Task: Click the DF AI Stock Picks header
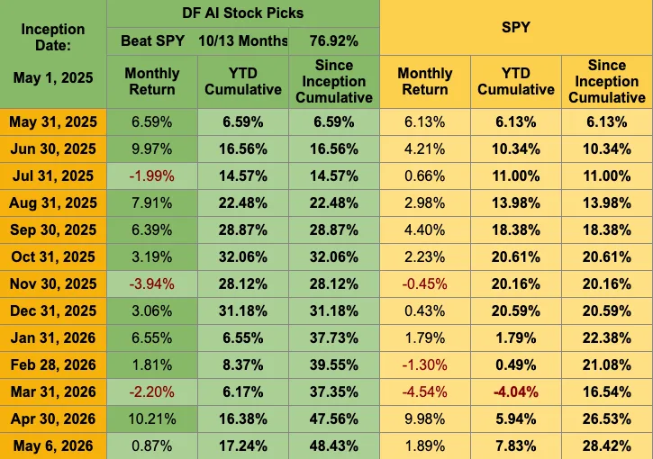(243, 13)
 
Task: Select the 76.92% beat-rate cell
(334, 40)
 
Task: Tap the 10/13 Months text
(243, 40)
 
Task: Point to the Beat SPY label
(152, 40)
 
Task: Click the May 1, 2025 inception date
(53, 77)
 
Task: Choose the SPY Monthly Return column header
(425, 81)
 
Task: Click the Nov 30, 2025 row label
(53, 283)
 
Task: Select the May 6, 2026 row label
(53, 446)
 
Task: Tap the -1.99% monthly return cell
(151, 176)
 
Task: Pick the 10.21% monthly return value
(152, 418)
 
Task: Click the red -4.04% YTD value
(515, 392)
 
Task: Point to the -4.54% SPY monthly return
(425, 392)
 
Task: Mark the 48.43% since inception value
(334, 446)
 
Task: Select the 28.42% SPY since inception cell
(607, 446)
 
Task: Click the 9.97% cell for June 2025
(151, 149)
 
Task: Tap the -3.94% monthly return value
(151, 283)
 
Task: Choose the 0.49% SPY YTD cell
(515, 365)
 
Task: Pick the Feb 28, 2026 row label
(53, 365)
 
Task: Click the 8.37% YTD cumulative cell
(243, 365)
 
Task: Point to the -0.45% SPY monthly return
(425, 283)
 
